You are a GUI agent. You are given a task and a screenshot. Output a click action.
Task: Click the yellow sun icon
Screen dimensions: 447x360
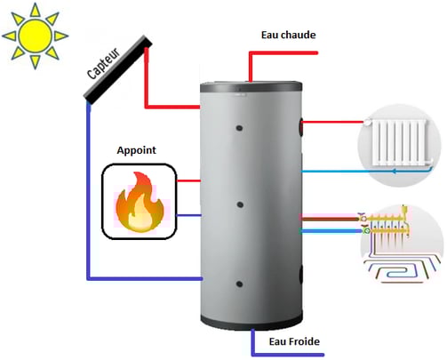(36, 36)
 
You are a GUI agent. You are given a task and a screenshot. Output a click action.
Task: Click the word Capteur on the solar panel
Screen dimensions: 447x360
(104, 63)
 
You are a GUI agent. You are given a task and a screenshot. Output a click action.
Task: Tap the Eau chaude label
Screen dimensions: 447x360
(288, 35)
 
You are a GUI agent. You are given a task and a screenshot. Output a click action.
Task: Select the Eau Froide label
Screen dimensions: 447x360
(294, 341)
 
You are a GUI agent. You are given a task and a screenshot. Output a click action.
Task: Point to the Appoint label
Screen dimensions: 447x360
(136, 150)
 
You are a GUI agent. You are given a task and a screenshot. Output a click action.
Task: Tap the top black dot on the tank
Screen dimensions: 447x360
(239, 128)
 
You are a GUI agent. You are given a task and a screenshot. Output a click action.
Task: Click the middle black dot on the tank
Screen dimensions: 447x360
(240, 204)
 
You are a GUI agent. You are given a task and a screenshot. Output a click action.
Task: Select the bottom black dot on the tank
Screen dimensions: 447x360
(239, 284)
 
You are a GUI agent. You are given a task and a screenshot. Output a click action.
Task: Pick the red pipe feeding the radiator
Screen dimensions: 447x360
(332, 122)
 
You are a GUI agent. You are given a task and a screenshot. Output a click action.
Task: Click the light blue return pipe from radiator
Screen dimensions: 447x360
(366, 171)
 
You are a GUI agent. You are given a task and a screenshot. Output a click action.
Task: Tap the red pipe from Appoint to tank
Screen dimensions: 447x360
(188, 180)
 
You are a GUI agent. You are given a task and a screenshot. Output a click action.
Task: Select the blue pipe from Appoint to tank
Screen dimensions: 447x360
(188, 215)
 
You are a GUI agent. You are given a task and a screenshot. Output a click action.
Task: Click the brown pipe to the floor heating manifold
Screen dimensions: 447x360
(331, 220)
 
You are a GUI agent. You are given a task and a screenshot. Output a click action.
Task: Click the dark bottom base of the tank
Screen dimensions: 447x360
(251, 322)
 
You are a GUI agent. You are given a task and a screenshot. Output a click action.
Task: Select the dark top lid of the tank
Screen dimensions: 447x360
(251, 87)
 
